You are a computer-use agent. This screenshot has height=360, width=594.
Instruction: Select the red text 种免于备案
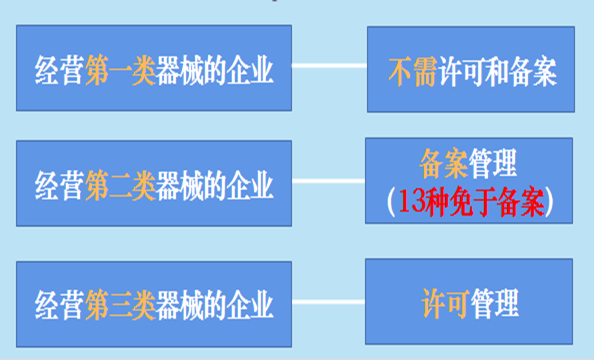tap(486, 200)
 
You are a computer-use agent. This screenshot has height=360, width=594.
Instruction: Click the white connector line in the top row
tap(329, 68)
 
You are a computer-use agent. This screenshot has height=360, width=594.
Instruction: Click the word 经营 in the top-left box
tap(56, 71)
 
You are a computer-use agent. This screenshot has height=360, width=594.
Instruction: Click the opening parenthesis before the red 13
tap(391, 201)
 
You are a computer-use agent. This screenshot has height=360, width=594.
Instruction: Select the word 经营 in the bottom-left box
tap(56, 304)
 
